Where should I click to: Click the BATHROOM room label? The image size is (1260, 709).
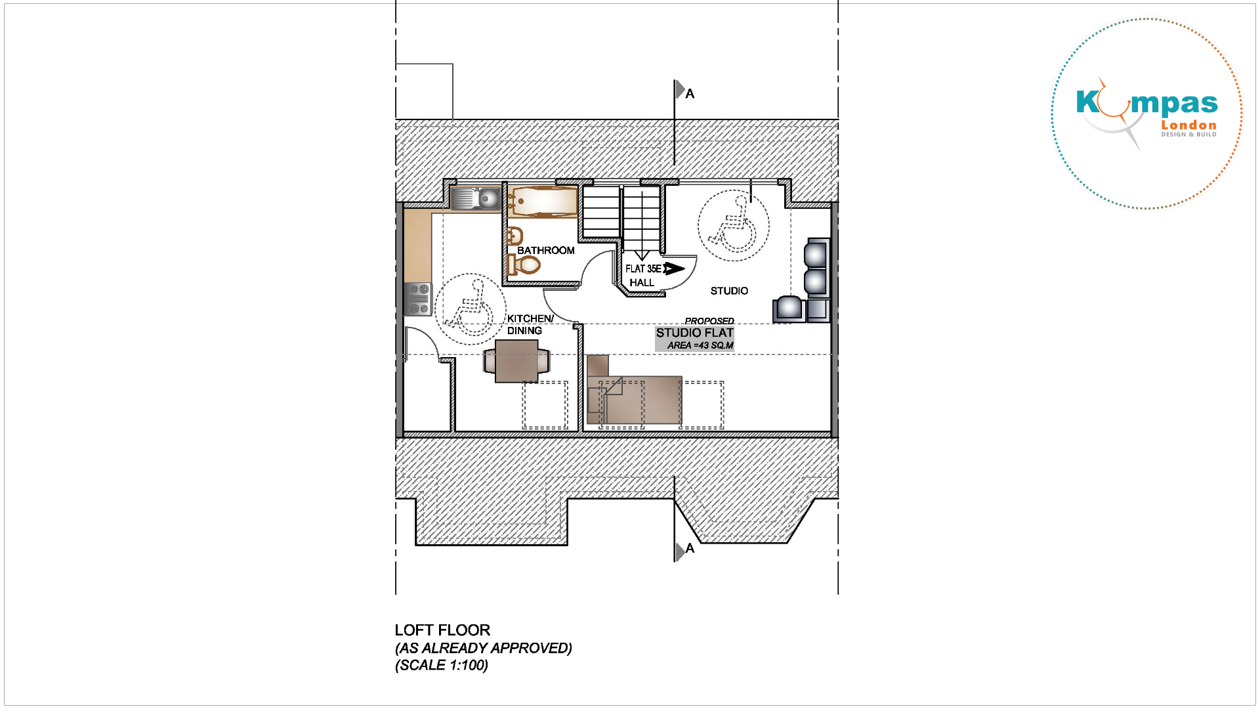pos(545,250)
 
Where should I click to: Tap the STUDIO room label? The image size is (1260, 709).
pos(729,291)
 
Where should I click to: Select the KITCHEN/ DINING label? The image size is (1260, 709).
pos(530,324)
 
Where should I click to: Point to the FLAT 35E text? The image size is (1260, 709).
pos(643,269)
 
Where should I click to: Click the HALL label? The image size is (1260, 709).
pos(642,282)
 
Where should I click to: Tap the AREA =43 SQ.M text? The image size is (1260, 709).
pos(700,345)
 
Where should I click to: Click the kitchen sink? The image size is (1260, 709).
pos(476,198)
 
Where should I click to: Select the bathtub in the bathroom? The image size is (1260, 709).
pos(542,202)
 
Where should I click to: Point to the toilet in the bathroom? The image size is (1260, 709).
pos(524,265)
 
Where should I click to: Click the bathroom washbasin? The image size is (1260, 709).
pos(514,236)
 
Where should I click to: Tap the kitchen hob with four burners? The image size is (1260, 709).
pos(418,299)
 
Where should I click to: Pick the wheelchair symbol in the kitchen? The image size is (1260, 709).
pos(470,309)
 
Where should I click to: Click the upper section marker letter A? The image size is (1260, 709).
pos(690,94)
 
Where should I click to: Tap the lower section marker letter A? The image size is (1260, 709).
pos(690,548)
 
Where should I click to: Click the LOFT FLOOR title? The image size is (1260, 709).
pos(442,630)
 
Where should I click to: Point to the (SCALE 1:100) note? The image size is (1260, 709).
pos(442,665)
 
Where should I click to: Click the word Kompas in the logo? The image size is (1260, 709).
pos(1146,103)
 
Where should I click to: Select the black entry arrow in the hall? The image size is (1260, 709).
pos(674,269)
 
